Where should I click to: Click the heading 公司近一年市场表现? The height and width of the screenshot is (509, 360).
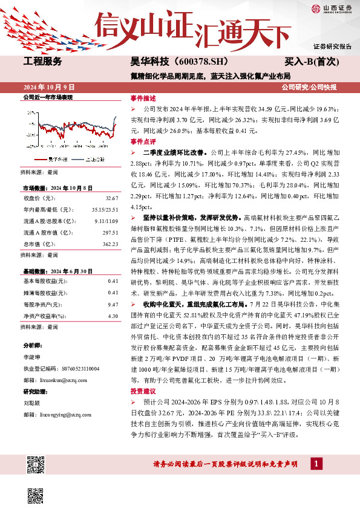pyautogui.click(x=48, y=97)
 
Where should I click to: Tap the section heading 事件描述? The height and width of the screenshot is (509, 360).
pyautogui.click(x=143, y=97)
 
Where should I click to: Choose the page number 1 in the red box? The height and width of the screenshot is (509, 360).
pyautogui.click(x=316, y=464)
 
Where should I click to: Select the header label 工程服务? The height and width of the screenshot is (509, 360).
pyautogui.click(x=42, y=62)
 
